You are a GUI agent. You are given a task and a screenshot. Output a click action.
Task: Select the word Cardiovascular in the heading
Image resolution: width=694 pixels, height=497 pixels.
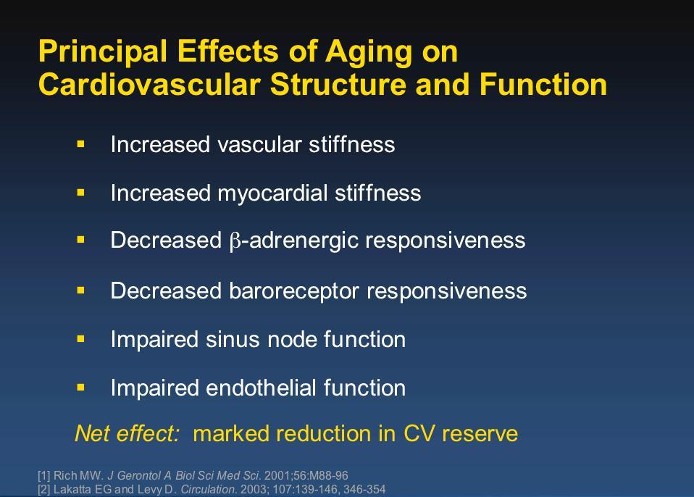coord(149,84)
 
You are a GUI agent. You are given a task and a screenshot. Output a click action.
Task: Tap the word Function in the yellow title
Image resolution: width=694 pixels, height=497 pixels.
coord(543,84)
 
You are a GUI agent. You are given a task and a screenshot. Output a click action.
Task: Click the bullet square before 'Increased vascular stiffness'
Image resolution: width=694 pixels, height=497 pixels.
coord(80,144)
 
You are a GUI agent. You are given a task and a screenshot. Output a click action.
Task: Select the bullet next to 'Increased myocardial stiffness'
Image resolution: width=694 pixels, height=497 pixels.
coord(80,193)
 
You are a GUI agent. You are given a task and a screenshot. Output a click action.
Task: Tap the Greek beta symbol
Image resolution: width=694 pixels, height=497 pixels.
coord(235,242)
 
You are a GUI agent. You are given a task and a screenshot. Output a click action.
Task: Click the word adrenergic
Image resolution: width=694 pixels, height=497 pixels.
coord(304,241)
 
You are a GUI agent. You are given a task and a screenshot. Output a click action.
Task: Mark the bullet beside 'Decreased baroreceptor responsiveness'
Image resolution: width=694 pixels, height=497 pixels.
coord(80,291)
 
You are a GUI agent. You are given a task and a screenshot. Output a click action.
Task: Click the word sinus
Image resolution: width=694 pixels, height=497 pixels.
coord(233,340)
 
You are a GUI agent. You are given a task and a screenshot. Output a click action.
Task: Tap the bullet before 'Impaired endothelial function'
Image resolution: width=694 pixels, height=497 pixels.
coord(80,388)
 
